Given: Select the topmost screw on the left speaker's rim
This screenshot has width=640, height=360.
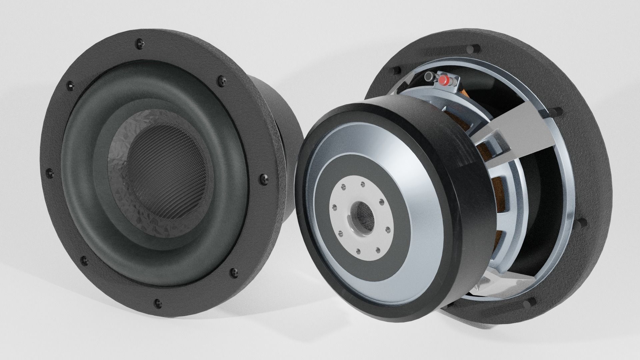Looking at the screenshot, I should coord(139,43).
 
